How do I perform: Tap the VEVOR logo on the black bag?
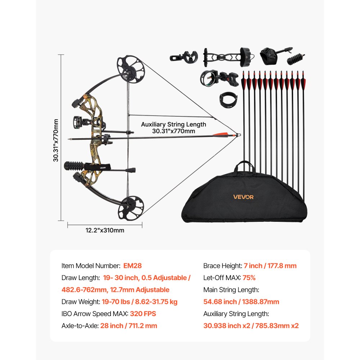(x=243, y=197)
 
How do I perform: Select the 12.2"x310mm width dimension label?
(x=105, y=230)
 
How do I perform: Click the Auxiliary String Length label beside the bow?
(x=174, y=127)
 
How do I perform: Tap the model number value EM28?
(x=132, y=266)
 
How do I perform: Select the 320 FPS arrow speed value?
(x=143, y=314)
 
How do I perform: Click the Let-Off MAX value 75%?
(x=249, y=278)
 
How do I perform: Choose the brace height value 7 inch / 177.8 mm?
(x=270, y=266)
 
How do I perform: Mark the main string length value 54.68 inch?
(x=241, y=302)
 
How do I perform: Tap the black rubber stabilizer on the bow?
(x=73, y=166)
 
